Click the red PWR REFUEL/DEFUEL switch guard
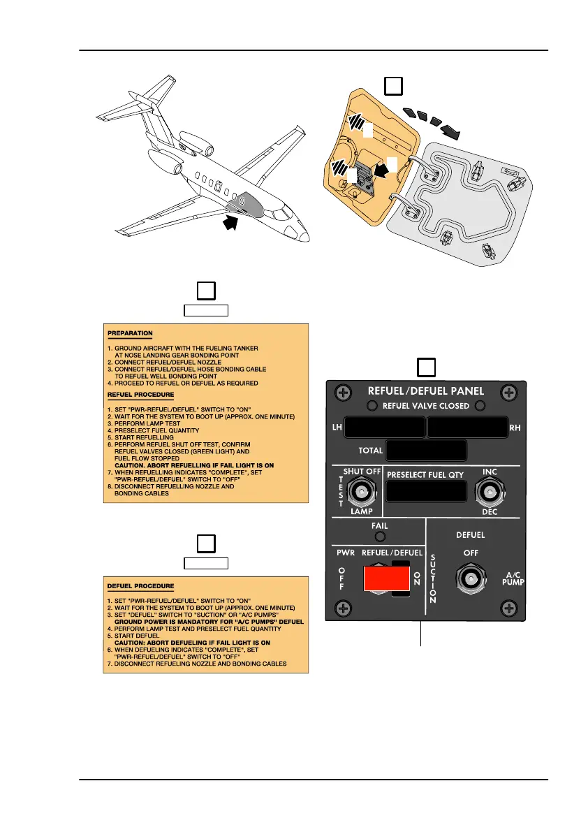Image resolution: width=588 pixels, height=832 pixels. tap(385, 578)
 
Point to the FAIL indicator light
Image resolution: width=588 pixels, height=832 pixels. tap(380, 537)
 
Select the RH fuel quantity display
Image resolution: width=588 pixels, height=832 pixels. tap(467, 427)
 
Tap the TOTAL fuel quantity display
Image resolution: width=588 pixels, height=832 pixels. tap(426, 451)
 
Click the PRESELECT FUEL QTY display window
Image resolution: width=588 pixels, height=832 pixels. tap(426, 493)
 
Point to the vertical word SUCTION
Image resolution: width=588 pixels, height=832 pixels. tap(433, 578)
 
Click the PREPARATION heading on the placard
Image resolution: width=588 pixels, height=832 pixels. tap(131, 333)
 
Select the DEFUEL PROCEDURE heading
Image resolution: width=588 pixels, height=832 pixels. tap(141, 585)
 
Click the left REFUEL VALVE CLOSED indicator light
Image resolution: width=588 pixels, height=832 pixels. tap(374, 406)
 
